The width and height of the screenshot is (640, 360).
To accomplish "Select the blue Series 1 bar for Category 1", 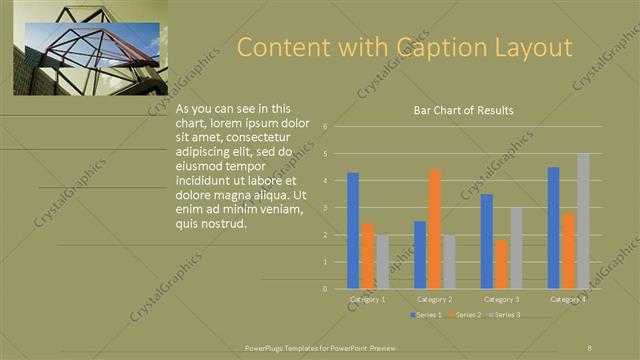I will [353, 230].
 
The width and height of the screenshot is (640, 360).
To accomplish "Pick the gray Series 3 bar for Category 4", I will [583, 221].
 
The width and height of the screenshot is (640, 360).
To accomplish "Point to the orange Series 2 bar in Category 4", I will [568, 250].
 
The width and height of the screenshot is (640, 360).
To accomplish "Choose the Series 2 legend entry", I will [466, 315].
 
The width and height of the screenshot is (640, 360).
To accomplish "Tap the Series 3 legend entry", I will [505, 315].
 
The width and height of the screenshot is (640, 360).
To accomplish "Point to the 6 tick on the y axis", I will [326, 127].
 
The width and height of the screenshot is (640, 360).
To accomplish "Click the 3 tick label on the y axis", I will [326, 208].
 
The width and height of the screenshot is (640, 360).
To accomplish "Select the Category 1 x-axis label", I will [367, 299].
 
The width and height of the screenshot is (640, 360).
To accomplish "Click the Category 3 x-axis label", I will [501, 299].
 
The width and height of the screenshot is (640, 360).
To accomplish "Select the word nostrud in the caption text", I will [221, 224].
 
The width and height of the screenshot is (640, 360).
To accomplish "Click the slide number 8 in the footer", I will [590, 347].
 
